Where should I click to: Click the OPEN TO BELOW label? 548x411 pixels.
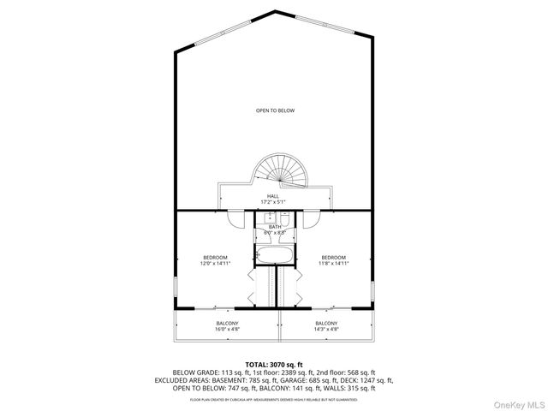coord(275,110)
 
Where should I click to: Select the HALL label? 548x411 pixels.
coord(273,196)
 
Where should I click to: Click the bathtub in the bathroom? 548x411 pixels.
coord(275,254)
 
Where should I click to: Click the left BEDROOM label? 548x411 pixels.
coord(215,258)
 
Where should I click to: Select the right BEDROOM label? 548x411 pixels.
coord(333,258)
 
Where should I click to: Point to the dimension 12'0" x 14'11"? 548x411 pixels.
coord(215,264)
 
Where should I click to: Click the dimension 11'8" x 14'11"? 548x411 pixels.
coord(333,264)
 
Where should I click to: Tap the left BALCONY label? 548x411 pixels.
coord(227,323)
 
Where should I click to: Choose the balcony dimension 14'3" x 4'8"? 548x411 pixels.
coord(326,329)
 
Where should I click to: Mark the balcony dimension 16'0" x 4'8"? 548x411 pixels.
coord(227,329)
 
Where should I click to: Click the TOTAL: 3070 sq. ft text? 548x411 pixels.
coord(274,365)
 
